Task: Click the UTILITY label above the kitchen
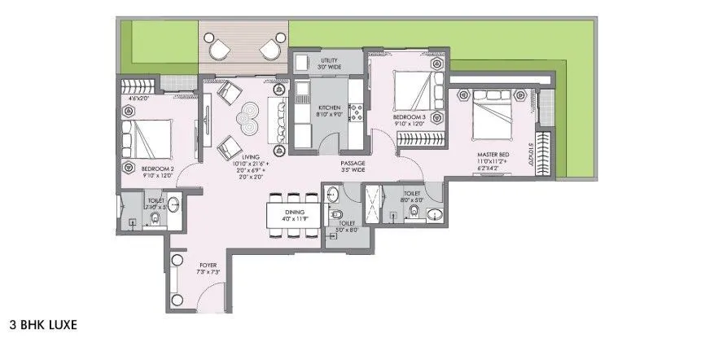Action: click(329, 60)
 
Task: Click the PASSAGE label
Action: click(353, 164)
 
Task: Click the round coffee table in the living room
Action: click(247, 121)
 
